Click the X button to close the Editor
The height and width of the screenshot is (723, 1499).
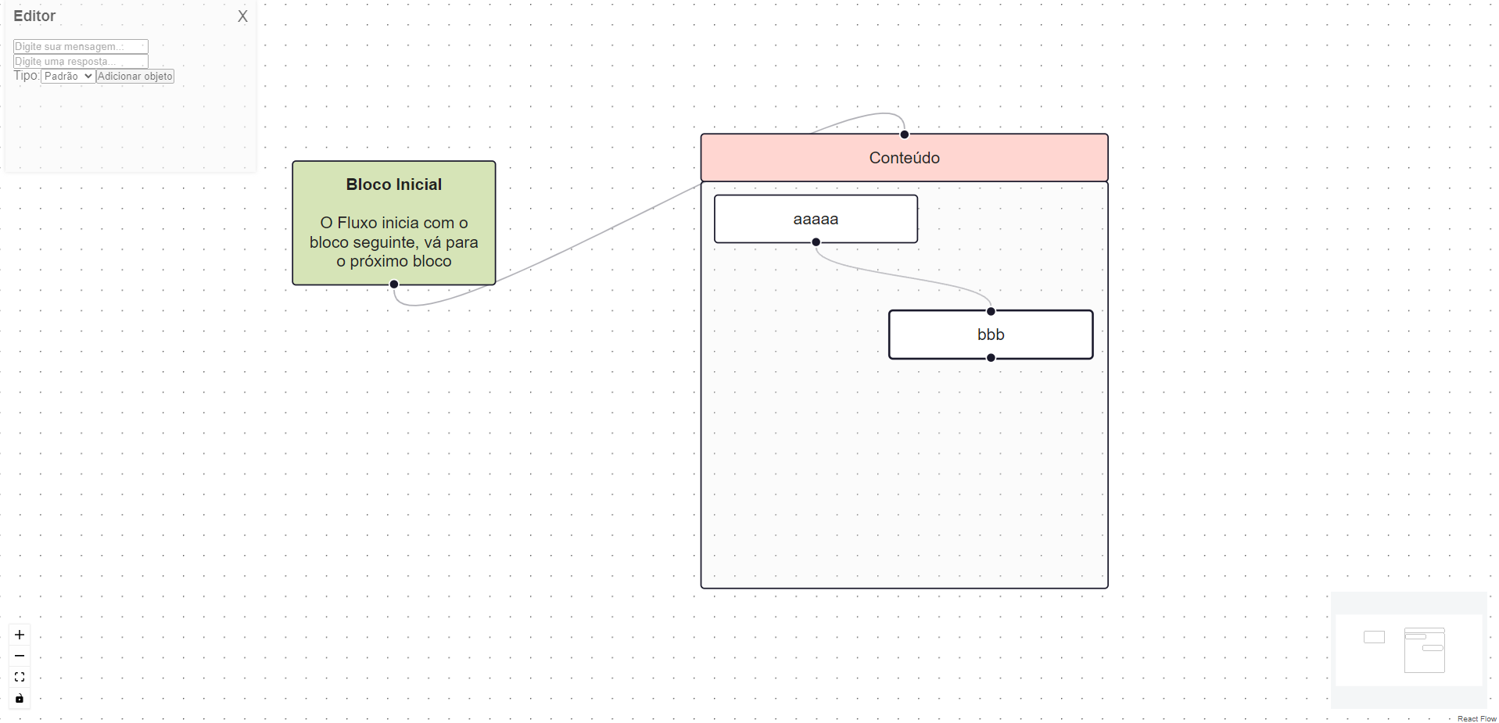click(x=242, y=16)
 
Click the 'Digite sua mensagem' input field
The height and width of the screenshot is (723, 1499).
click(x=81, y=47)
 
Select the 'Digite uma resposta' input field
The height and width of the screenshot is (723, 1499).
click(x=81, y=61)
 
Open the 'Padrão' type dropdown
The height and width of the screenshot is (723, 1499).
click(x=68, y=76)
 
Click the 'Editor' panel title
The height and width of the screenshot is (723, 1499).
click(x=34, y=16)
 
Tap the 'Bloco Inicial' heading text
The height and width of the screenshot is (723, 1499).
click(x=393, y=184)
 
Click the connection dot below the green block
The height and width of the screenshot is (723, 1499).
click(x=394, y=285)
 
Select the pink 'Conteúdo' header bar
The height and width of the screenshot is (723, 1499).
click(x=904, y=158)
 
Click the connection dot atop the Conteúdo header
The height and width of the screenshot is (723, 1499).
click(x=905, y=134)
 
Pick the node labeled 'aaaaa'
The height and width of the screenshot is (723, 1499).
click(x=816, y=219)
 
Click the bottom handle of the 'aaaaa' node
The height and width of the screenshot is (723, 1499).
click(x=816, y=242)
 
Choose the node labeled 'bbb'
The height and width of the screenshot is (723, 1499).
click(x=991, y=335)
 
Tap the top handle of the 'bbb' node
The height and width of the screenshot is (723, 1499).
click(x=991, y=311)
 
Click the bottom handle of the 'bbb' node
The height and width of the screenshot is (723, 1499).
click(x=991, y=358)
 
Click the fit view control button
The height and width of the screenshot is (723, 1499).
click(x=20, y=677)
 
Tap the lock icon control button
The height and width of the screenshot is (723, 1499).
click(x=20, y=698)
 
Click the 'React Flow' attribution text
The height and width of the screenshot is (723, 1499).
click(x=1476, y=718)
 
